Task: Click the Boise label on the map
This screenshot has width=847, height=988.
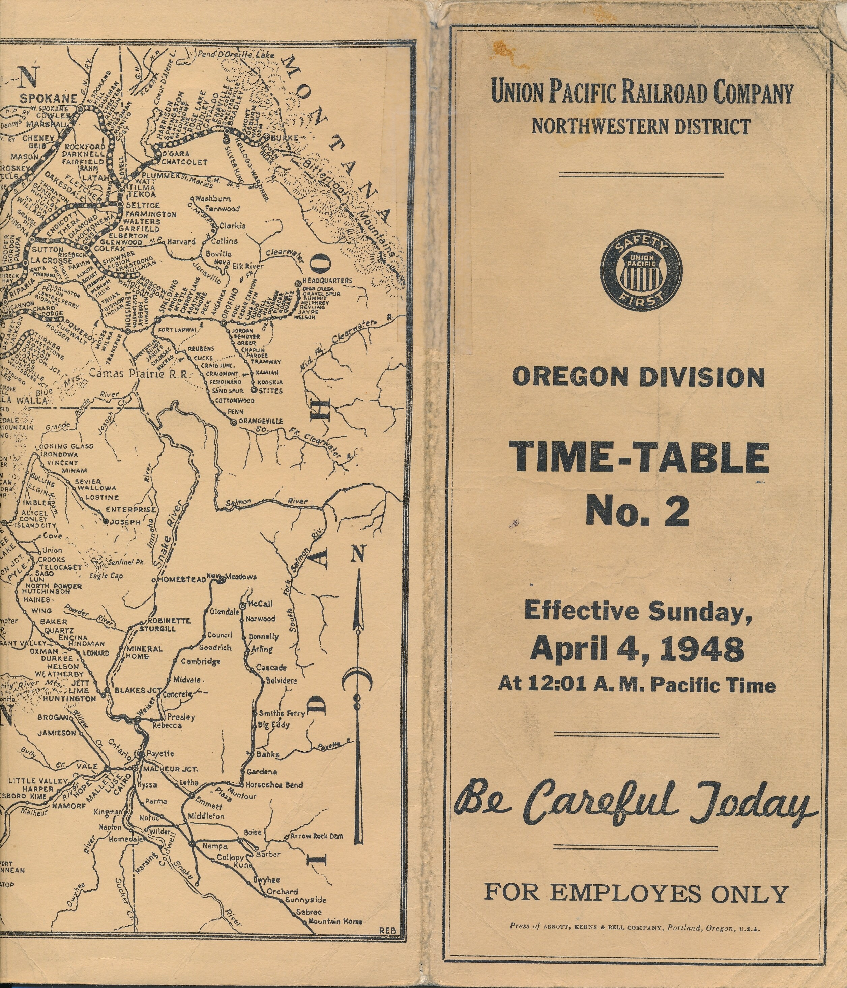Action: coord(253,832)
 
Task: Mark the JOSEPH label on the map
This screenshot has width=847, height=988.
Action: coord(125,522)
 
